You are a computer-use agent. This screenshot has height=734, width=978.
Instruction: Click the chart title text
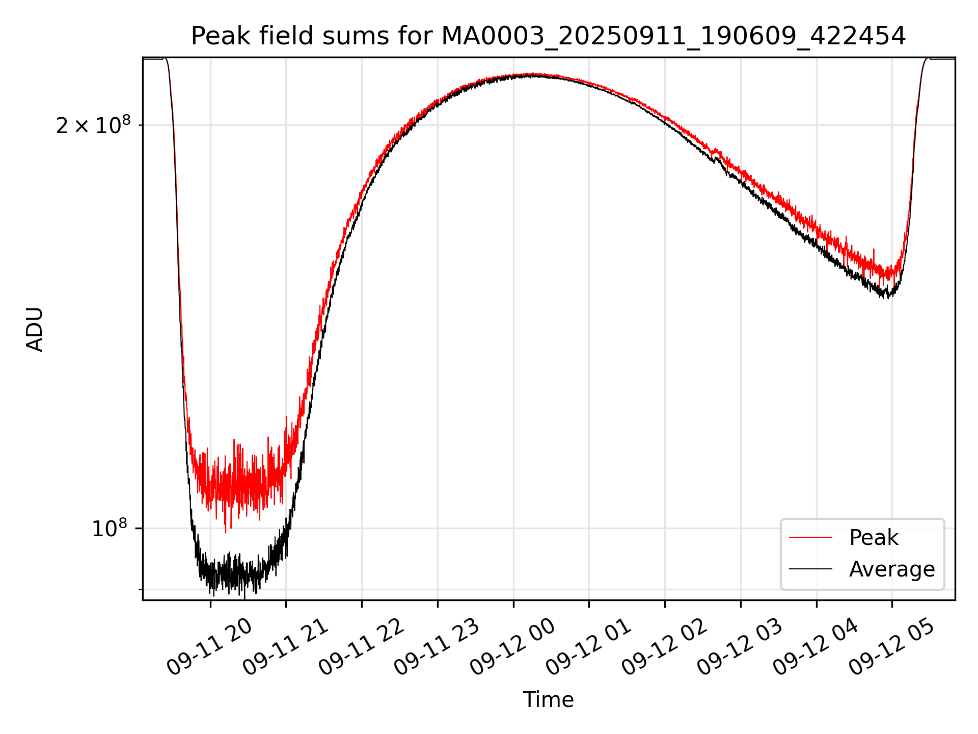coord(548,36)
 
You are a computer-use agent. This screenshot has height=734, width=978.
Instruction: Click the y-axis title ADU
coord(35,329)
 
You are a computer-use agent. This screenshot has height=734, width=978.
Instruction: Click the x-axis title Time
coord(548,700)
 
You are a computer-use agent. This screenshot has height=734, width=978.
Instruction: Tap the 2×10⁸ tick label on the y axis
coord(93,125)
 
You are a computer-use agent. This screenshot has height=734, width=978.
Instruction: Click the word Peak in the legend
coord(874,538)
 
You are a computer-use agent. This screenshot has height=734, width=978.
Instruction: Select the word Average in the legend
coord(892,569)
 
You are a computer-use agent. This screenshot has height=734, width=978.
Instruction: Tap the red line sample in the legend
coord(810,538)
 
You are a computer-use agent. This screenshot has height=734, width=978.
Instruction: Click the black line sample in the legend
coord(810,569)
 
